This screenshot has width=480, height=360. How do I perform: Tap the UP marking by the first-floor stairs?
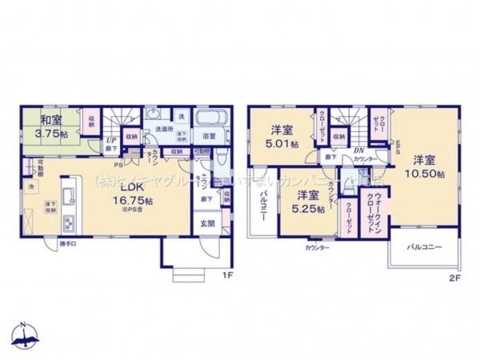(x=110, y=142)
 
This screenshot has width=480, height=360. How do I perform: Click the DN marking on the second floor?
(x=359, y=150)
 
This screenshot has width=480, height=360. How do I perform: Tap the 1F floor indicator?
(x=227, y=276)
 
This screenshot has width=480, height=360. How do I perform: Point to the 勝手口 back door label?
(x=69, y=244)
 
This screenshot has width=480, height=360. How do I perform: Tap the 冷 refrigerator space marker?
(x=32, y=186)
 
